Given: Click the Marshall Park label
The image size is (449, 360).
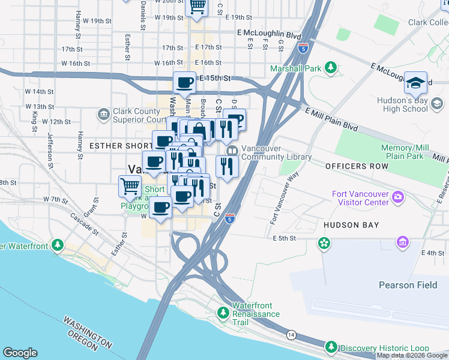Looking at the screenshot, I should [x=295, y=68].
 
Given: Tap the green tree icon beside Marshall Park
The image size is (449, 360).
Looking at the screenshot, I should [x=330, y=68].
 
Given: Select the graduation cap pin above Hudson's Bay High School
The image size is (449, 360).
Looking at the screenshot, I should [x=415, y=83].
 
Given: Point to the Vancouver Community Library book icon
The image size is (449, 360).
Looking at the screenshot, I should [x=232, y=149].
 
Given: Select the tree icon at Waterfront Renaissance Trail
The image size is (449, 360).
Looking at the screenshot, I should [x=223, y=313].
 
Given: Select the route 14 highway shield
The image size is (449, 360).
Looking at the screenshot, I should [x=291, y=334].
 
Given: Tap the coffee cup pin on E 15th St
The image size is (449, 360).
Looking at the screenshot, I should [x=184, y=82].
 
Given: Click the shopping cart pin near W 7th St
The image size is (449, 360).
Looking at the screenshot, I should [x=130, y=185].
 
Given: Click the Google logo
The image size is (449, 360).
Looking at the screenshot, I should [x=20, y=353].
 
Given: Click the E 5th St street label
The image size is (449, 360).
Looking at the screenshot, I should [x=285, y=238].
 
